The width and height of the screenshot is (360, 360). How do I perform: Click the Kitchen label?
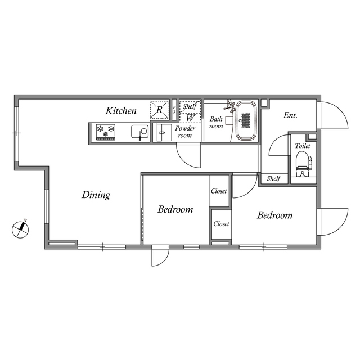click(121, 111)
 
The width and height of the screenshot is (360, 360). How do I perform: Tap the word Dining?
click(96, 195)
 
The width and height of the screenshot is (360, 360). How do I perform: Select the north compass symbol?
click(21, 228)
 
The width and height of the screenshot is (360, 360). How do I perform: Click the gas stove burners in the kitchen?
click(106, 131)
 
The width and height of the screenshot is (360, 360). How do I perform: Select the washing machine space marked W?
click(190, 118)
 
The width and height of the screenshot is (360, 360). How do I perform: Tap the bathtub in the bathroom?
click(246, 121)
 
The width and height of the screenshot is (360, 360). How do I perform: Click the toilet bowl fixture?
click(302, 161)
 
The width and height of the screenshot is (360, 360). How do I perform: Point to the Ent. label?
click(290, 115)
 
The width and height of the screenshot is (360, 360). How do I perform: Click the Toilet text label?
click(303, 146)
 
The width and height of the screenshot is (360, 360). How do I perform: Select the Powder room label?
click(185, 132)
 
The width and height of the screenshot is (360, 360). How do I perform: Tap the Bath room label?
click(217, 122)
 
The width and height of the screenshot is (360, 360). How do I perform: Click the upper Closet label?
click(219, 191)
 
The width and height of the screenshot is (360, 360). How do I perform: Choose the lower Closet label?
click(221, 224)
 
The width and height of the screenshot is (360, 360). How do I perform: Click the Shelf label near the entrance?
click(273, 178)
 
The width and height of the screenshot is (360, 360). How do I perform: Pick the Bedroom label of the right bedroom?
click(275, 215)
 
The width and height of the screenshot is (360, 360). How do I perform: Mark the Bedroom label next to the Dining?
click(175, 210)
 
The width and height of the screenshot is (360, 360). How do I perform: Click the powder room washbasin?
click(164, 134)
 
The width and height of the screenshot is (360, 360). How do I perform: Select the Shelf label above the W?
click(190, 106)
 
